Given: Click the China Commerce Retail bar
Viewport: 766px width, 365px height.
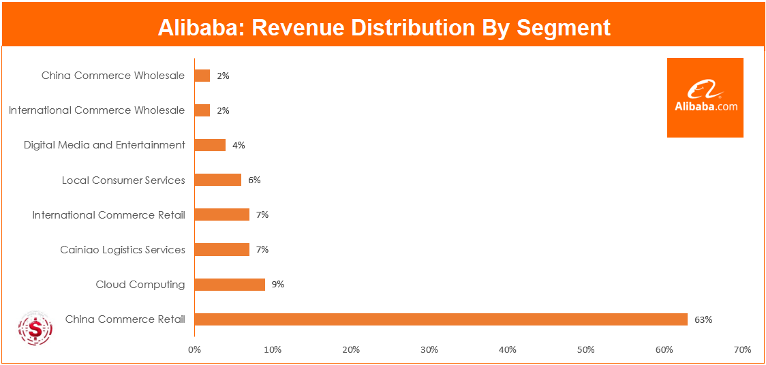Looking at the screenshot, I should point(441,319).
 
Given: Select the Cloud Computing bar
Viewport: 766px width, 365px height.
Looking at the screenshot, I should point(230,285).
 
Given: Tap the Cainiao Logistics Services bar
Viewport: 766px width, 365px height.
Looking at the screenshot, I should point(222,250).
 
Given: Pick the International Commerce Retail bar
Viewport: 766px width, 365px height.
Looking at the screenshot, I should point(222,215).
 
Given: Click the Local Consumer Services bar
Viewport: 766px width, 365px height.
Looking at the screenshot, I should point(218,180).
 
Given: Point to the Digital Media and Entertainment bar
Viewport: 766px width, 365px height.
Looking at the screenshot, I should point(210,145).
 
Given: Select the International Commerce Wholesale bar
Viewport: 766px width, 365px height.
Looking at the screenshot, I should point(202,110).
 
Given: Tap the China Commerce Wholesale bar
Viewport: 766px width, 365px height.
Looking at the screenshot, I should point(202,76).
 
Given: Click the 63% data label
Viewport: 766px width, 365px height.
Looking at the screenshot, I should point(703,319).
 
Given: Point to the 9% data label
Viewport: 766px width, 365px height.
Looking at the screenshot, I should point(277,285).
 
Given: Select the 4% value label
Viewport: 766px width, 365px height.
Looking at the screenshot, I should point(239,145).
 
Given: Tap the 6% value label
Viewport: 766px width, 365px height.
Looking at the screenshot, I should point(254,180).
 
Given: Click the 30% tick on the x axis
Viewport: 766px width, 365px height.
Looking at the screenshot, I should point(429,350).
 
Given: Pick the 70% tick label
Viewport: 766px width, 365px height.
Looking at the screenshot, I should point(742,350).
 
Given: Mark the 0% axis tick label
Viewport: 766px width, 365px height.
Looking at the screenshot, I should point(194,350).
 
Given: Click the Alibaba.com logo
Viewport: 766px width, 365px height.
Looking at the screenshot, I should point(705,97).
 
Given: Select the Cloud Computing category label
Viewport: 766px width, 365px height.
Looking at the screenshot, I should point(140,285).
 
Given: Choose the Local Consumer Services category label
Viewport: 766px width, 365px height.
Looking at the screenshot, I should point(123,180).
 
